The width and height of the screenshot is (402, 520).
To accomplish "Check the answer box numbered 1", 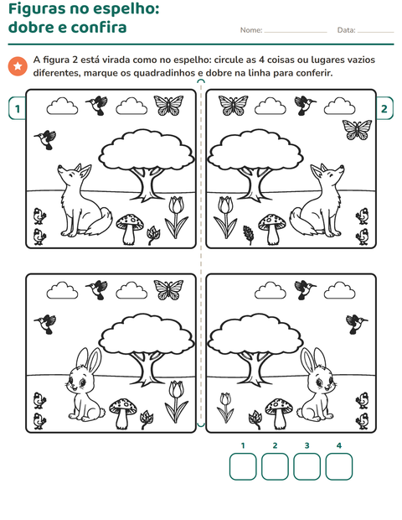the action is point(243,466).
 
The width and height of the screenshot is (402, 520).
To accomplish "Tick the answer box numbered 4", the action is point(338,466).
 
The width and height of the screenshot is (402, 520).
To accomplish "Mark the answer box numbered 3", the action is point(307,466).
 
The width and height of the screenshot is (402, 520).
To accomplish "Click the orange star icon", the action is point(18,66).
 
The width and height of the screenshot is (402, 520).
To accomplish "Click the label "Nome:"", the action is point(251,30).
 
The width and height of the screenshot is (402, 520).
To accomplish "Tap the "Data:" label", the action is point(347,30).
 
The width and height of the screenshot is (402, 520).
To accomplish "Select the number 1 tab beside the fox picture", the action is point(18,108).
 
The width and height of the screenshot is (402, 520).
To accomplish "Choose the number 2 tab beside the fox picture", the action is point(384,108).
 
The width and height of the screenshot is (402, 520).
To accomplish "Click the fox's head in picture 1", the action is point(75,173).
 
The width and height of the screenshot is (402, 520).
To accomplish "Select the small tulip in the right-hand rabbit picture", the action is point(225,408).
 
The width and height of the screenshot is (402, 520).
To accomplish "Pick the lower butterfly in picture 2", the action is point(357,129).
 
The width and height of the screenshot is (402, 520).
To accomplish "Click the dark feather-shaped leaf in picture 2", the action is point(249,235).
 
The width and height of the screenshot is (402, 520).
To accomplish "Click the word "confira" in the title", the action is point(99,27).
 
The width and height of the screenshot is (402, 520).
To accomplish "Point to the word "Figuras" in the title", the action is point(36,9).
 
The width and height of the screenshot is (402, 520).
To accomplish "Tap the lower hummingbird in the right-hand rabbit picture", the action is point(356,324).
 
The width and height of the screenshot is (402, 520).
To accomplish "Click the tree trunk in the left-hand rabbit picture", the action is point(148,368).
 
